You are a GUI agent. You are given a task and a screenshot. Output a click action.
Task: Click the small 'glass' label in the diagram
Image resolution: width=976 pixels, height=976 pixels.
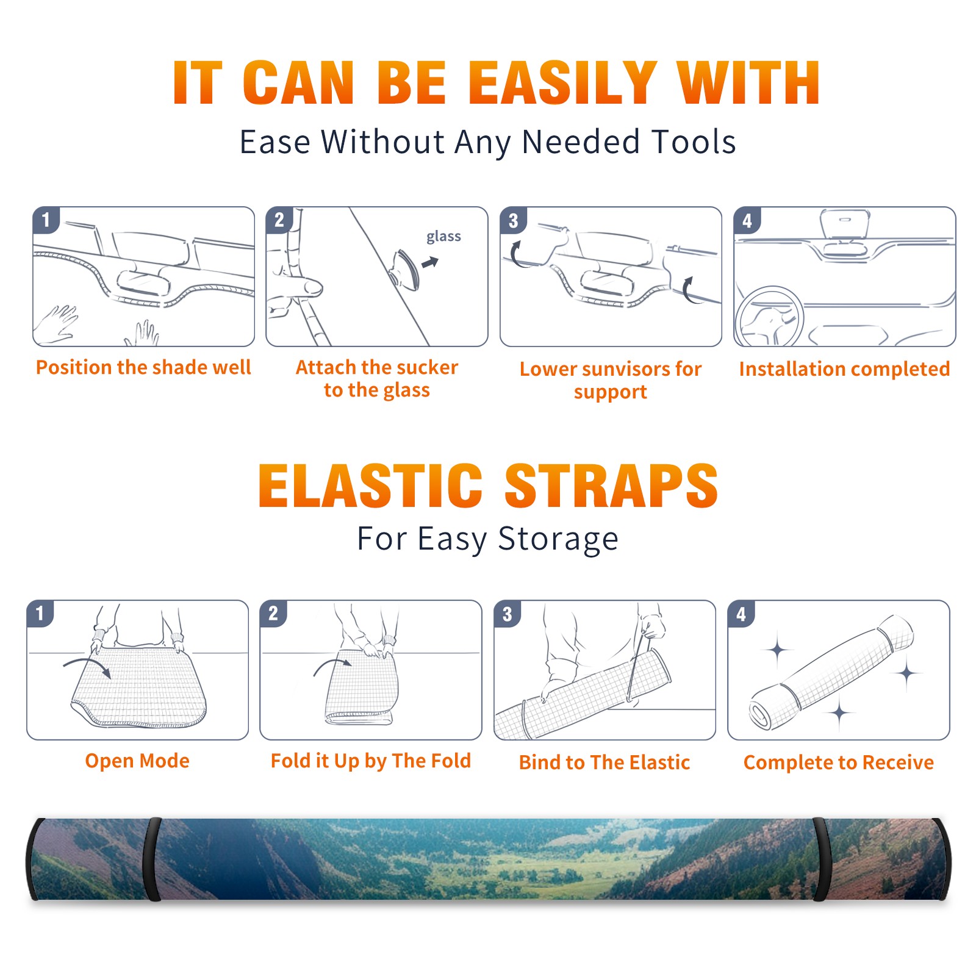443,237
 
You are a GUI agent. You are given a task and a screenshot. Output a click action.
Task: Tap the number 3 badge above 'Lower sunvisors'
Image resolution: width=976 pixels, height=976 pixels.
513,220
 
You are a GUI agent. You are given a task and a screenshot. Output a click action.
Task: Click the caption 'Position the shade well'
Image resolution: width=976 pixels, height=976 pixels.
143,367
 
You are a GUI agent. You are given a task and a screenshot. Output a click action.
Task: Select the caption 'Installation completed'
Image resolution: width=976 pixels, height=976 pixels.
844,368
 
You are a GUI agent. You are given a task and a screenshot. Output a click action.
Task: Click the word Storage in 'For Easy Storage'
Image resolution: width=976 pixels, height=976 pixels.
558,539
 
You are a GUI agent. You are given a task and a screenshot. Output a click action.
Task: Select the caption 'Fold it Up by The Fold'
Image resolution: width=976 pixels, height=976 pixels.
371,761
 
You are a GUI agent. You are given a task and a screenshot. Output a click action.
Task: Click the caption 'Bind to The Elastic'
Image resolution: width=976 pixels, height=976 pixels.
605,762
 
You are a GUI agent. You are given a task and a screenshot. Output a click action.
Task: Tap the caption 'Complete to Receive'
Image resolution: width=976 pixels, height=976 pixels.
839,762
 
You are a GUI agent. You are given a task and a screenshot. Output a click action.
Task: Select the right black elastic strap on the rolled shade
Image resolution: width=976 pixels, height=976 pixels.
822,859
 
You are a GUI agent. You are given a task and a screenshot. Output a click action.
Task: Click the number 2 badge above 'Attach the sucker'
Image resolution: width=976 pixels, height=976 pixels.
279,220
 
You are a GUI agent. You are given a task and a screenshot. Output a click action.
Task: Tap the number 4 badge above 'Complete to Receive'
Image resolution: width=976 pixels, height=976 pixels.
741,614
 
